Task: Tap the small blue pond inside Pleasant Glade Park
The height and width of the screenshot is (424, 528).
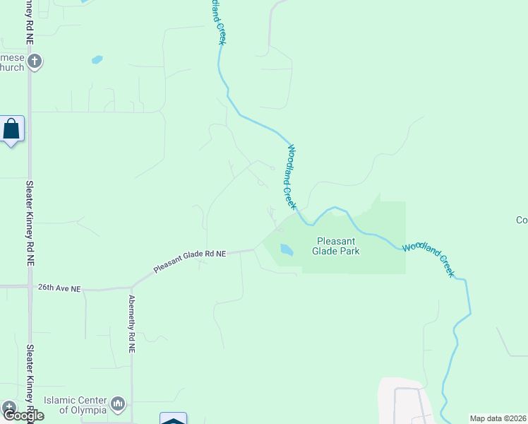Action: point(286,249)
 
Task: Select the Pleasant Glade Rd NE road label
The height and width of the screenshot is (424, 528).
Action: point(191,261)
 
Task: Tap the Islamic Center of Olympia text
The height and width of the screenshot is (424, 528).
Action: point(75,405)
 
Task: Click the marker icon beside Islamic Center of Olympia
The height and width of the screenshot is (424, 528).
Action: point(118,404)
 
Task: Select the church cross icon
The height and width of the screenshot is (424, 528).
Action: point(35,61)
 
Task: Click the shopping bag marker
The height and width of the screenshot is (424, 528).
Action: point(11,129)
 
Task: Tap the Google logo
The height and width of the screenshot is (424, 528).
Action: point(23,416)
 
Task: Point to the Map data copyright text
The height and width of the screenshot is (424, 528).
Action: point(498,418)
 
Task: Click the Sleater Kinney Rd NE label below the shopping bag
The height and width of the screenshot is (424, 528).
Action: point(30,222)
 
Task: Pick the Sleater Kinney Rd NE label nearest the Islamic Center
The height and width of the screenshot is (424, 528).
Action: point(30,382)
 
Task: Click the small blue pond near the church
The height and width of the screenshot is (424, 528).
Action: point(97,60)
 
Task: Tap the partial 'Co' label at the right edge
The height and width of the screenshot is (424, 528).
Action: point(522,220)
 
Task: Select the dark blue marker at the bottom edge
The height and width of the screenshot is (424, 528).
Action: point(173,419)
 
